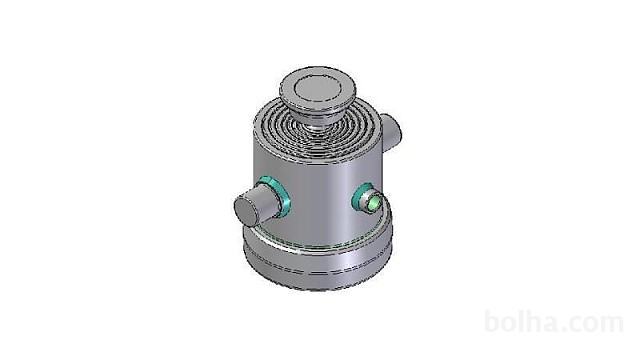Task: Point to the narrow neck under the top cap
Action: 315,126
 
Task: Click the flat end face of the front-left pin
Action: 246,211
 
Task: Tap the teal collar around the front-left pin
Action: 279,197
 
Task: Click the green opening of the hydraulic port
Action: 374,202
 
